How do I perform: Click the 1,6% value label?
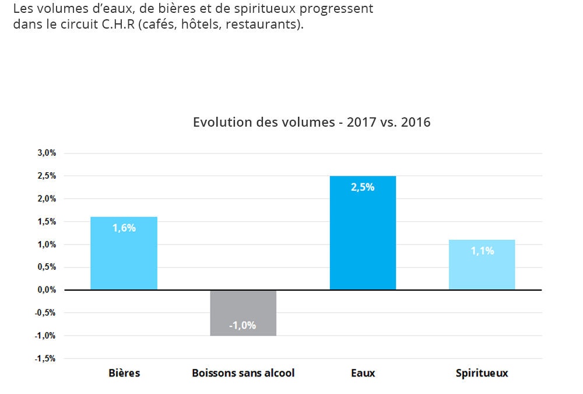click(124, 228)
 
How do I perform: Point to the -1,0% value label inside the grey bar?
click(243, 325)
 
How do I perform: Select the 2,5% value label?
click(363, 187)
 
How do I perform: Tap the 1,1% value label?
click(482, 251)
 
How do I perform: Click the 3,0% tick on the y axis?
click(47, 153)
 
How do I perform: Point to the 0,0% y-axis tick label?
click(47, 290)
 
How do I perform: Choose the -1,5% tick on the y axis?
click(45, 358)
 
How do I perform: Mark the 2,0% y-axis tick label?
click(47, 199)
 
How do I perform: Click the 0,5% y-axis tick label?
click(47, 267)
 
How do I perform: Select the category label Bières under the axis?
click(124, 373)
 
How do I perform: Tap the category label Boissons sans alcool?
click(243, 373)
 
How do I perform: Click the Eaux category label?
click(363, 373)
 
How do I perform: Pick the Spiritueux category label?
click(482, 373)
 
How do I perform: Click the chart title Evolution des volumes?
click(311, 123)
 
